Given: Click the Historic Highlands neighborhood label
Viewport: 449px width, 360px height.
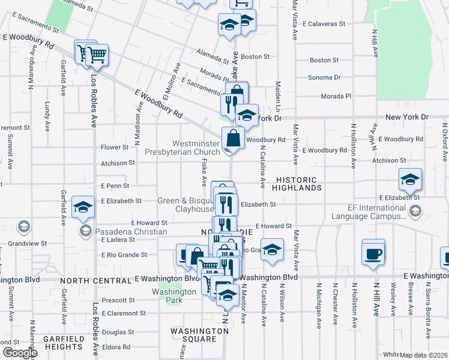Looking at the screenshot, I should point(299,184).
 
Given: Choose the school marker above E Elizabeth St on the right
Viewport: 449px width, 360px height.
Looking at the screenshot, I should point(411,179).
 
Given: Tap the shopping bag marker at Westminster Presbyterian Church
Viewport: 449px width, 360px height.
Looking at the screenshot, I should point(233,139).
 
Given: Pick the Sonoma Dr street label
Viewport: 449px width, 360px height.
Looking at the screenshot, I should point(324,77).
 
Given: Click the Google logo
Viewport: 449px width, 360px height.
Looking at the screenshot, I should point(20,353).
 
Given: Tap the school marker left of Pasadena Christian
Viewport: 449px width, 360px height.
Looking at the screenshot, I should point(83,208).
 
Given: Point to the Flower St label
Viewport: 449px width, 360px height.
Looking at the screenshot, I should point(115,147).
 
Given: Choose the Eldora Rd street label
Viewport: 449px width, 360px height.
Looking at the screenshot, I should point(116,347).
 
